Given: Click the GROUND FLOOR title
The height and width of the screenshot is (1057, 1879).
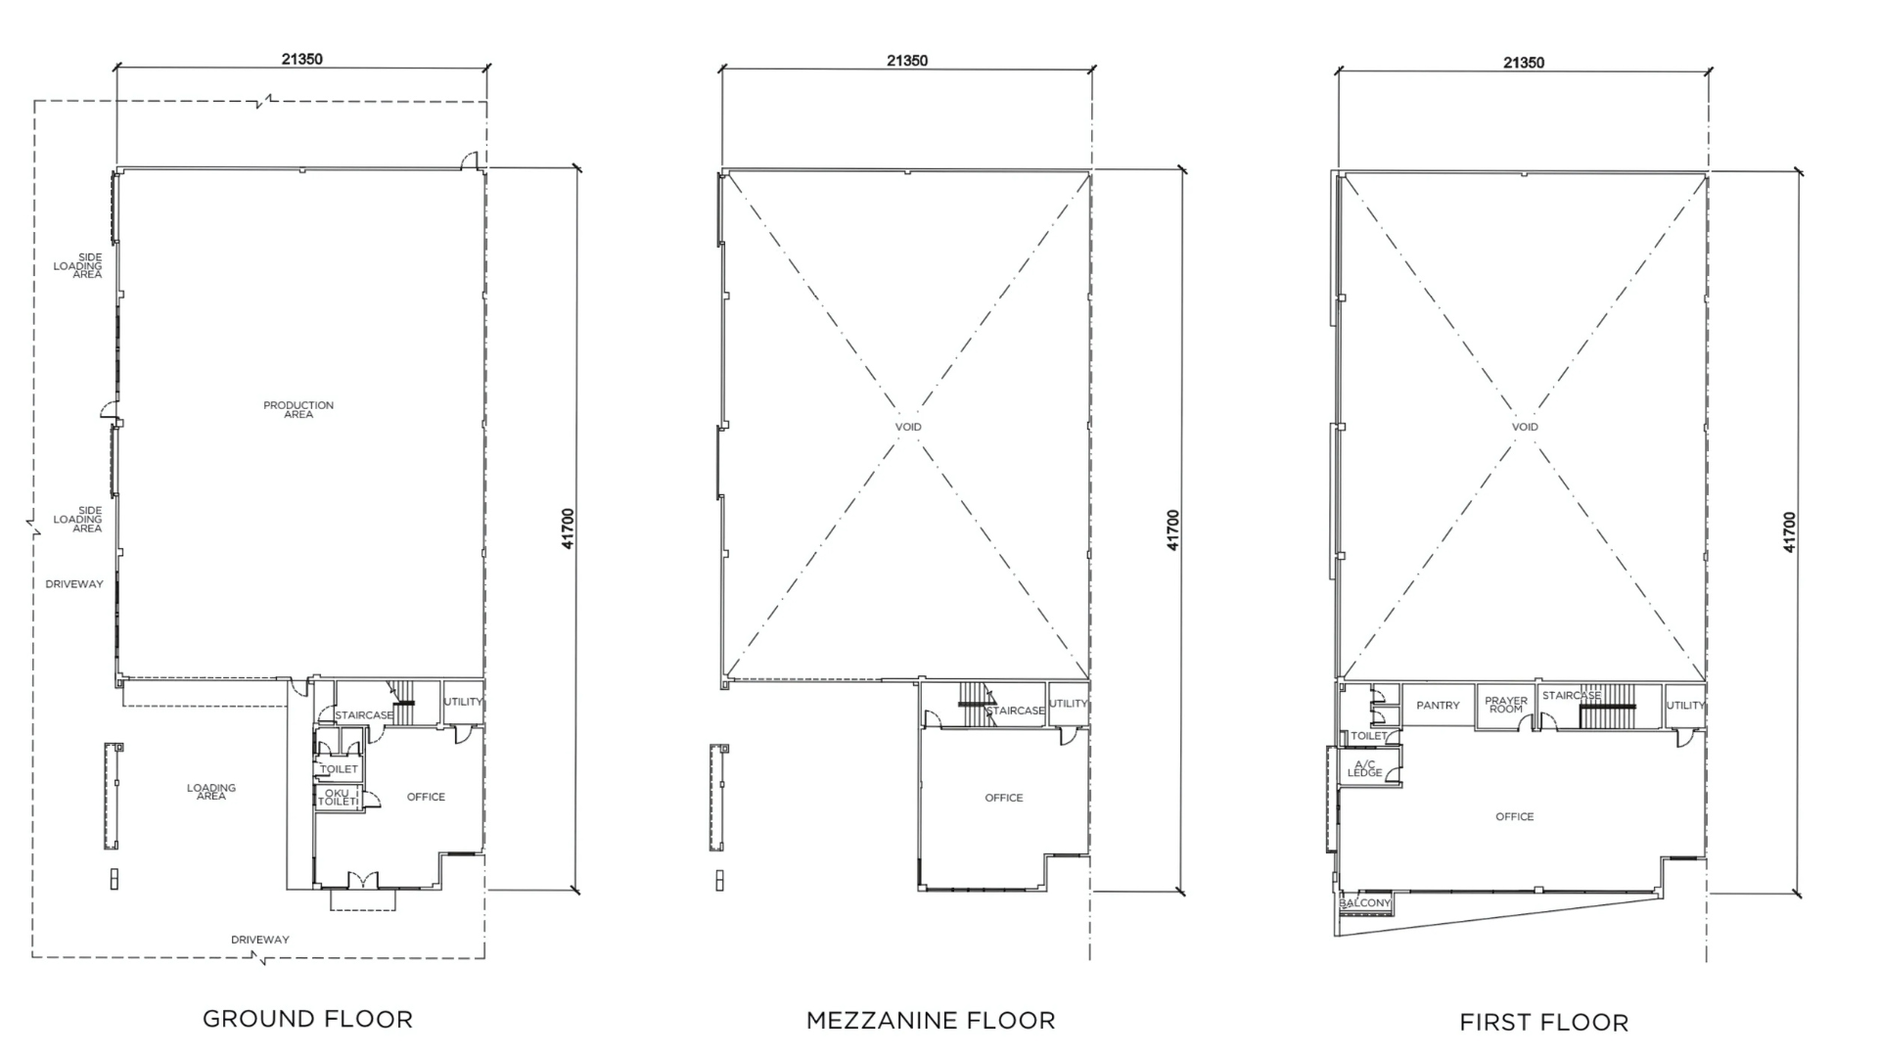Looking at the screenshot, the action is tap(307, 1019).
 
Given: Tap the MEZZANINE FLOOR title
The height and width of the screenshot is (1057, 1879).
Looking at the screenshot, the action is tap(931, 1021).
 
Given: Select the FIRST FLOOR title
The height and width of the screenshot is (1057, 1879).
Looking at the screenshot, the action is tap(1543, 1023).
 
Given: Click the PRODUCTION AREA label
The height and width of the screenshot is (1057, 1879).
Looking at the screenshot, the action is tap(298, 409).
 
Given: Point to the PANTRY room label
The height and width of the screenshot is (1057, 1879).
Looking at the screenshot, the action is tap(1438, 705).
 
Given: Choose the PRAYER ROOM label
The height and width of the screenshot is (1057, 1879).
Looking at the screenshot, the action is tap(1506, 705).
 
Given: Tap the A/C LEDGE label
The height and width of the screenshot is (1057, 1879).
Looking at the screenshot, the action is tap(1365, 768).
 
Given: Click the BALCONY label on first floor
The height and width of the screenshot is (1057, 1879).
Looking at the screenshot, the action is tap(1365, 902).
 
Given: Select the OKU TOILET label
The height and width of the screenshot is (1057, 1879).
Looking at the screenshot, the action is tap(338, 797).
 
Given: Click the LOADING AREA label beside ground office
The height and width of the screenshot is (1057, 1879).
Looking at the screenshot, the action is tap(211, 792).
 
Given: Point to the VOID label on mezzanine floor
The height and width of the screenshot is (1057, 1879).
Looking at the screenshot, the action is tap(908, 427).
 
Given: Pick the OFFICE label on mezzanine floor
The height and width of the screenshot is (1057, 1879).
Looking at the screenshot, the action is tap(1004, 798).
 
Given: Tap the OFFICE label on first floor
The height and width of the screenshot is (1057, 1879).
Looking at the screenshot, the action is tap(1515, 816).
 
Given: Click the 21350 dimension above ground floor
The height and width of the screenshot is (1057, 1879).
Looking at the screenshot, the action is tap(302, 59).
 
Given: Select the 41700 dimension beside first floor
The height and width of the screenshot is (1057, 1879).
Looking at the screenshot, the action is tap(1790, 532).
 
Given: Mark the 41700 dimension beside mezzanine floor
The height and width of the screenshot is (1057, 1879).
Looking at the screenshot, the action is tap(1173, 530).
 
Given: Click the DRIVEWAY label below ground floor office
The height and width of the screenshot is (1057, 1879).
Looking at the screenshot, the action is tap(260, 940).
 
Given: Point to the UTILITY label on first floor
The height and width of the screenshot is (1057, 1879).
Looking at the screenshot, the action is tap(1686, 705).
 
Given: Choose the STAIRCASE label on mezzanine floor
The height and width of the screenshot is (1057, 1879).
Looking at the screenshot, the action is tap(1016, 711).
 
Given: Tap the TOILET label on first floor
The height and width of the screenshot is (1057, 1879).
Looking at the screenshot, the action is tap(1369, 736).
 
